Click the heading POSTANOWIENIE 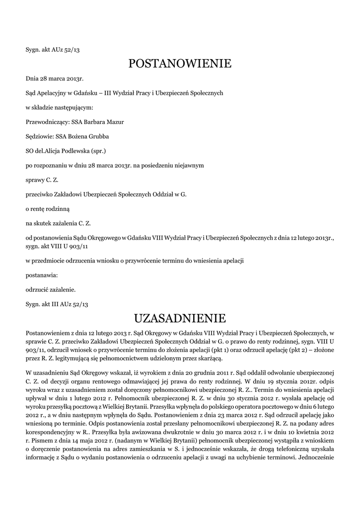click(x=180, y=63)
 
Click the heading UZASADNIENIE click(x=180, y=317)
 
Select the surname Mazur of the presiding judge click(x=115, y=122)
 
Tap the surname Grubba click(x=98, y=136)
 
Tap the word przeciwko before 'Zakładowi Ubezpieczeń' click(x=39, y=194)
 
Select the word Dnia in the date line click(x=32, y=78)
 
